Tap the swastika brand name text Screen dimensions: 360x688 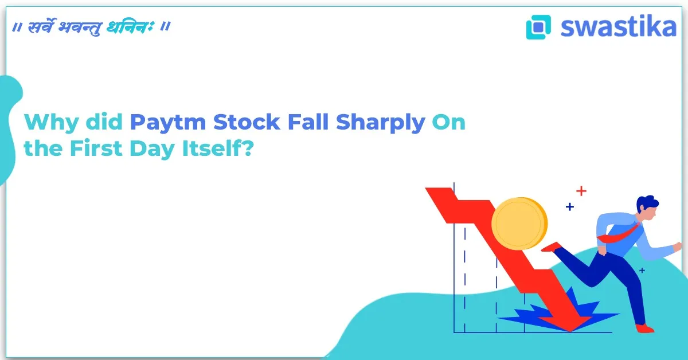coord(618,26)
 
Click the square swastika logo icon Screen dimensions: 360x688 coord(538,27)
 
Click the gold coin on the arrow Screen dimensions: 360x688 coord(519,224)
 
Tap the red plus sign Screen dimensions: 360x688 coord(581,190)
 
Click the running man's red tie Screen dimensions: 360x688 coord(619,234)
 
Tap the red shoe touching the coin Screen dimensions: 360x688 coord(551,247)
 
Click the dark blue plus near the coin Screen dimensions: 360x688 coord(569,206)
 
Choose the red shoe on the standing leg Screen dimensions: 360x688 coord(644,328)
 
